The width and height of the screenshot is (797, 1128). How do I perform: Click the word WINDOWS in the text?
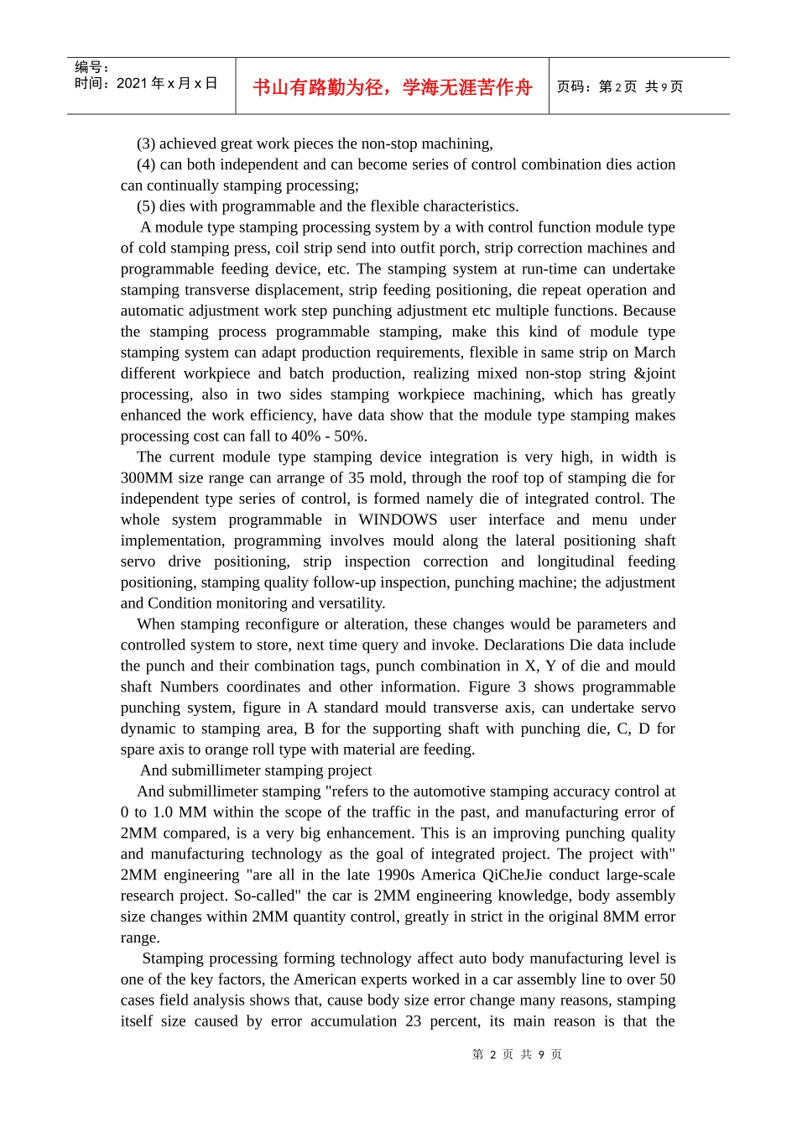pos(398,520)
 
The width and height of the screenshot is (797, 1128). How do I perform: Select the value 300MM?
pos(147,478)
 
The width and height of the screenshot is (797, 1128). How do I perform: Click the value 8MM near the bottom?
pos(620,916)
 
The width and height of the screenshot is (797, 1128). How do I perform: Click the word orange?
pos(227,749)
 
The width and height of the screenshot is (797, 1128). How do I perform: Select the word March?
pos(654,352)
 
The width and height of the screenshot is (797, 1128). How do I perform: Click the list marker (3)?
pos(146,144)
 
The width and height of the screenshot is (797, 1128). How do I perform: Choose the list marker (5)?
pos(146,206)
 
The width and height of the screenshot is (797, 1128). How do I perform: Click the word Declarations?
pos(524,645)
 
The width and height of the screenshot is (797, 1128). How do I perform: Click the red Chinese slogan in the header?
pos(392,87)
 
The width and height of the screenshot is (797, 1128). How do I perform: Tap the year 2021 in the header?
pos(132,84)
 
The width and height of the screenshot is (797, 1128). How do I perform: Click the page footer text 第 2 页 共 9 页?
pos(517,1054)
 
